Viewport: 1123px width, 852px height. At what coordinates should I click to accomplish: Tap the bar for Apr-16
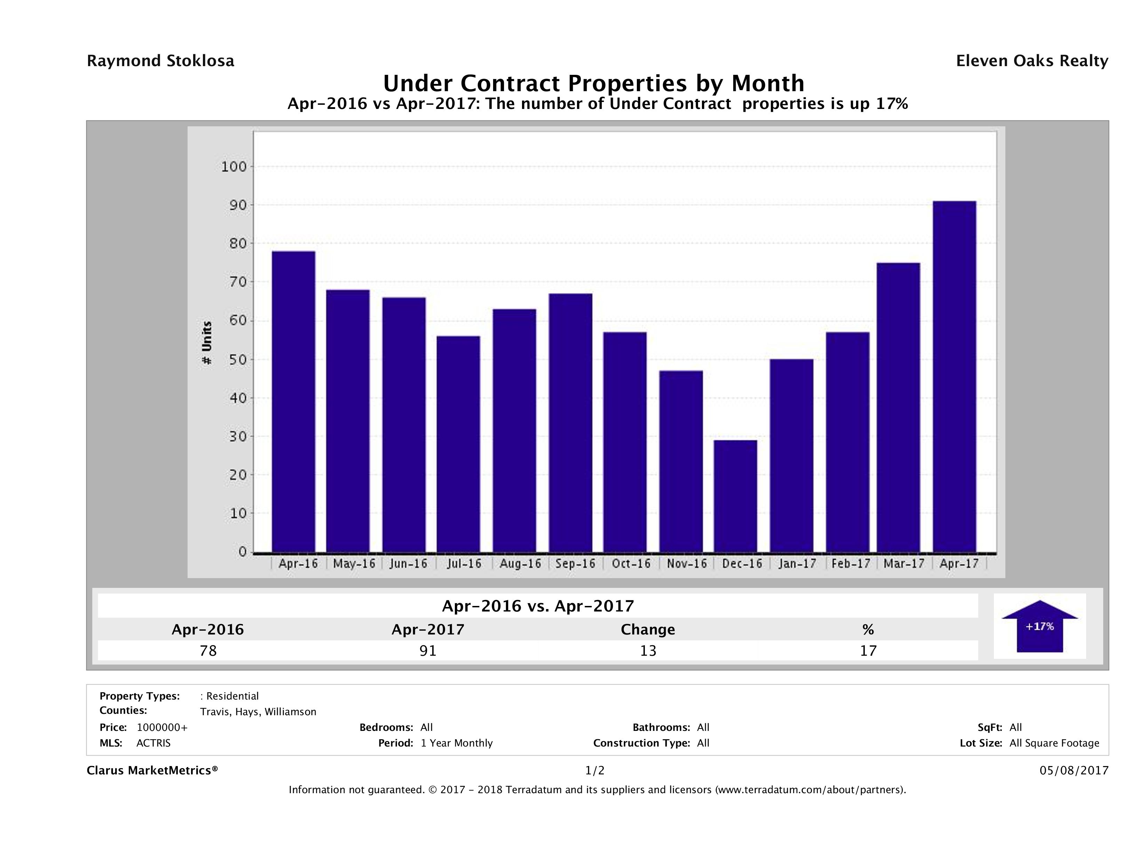(293, 402)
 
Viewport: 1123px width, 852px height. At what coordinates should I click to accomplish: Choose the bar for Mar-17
(898, 407)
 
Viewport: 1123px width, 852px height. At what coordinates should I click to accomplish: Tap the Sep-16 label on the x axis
(575, 563)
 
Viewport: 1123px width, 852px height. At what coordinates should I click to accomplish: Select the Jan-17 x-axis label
(797, 563)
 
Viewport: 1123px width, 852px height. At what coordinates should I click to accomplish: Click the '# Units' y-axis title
(207, 343)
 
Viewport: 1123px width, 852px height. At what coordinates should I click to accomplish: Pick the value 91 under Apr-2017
(428, 650)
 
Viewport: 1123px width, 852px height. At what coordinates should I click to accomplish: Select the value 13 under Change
(648, 650)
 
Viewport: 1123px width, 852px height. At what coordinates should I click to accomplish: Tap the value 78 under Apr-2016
(208, 650)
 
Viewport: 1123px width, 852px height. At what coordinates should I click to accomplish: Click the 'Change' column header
(648, 630)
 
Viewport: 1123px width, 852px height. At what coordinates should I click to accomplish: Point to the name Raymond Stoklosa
(160, 61)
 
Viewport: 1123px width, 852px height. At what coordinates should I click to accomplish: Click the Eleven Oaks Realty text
(1031, 61)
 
